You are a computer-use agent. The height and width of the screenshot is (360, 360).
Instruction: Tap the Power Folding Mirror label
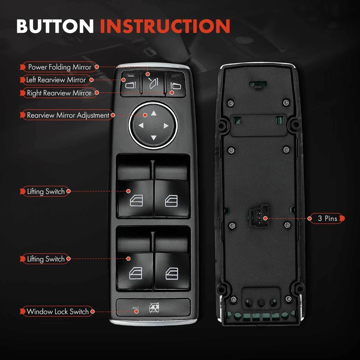point(59,67)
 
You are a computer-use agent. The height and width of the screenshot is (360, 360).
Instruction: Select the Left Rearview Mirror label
point(56,80)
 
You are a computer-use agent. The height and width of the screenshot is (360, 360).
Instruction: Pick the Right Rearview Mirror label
point(59,93)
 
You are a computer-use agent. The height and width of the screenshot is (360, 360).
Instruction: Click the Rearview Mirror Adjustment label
point(68,116)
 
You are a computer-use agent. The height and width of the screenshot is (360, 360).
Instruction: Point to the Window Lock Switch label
point(58,311)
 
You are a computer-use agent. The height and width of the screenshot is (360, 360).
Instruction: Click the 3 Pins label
point(327,219)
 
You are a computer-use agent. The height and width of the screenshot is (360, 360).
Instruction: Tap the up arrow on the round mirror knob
point(154,113)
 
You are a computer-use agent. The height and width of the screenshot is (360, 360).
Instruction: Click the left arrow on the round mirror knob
point(141,126)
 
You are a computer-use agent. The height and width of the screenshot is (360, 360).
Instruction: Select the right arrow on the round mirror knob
point(166,126)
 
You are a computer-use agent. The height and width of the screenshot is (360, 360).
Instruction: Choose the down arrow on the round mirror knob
point(154,138)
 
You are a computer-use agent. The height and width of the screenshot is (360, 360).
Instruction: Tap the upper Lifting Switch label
point(46,192)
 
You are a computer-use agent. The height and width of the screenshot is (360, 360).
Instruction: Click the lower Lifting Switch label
point(46,259)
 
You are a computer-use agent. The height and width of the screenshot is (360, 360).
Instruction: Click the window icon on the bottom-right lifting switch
point(171,274)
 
